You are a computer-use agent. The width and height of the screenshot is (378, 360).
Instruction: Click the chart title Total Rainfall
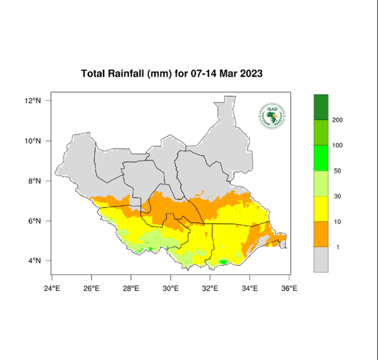[171, 74]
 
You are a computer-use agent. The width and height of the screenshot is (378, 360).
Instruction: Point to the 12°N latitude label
[33, 101]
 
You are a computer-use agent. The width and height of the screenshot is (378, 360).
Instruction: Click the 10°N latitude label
[33, 141]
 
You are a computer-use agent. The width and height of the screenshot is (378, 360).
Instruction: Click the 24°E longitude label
[52, 289]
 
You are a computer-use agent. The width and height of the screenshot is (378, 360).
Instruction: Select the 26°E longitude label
[91, 289]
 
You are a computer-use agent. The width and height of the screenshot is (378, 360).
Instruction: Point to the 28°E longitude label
[131, 289]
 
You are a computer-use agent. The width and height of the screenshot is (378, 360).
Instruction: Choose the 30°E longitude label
[171, 289]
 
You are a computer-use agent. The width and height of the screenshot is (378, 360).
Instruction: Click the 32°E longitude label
[210, 289]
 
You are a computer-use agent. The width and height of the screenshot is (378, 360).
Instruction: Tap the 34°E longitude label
[250, 289]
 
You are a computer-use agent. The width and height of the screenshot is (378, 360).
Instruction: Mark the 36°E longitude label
[290, 289]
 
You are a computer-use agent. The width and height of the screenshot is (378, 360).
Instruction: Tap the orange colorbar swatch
[321, 233]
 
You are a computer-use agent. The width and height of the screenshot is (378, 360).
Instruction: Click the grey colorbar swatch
[321, 259]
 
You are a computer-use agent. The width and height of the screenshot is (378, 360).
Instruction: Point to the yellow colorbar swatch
[321, 208]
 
